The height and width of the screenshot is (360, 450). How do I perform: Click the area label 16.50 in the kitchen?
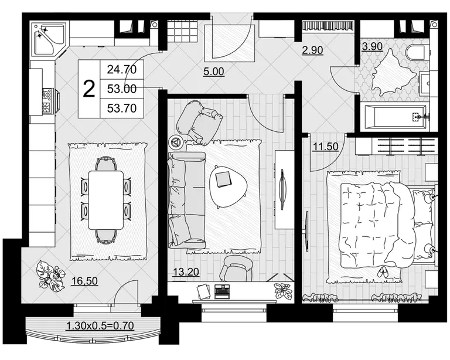84,281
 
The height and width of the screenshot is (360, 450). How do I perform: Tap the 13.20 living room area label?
186,271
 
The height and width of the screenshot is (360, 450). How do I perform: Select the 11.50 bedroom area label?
325,147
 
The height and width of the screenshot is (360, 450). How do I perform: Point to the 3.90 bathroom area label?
372,46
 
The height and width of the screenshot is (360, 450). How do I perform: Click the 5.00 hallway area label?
214,72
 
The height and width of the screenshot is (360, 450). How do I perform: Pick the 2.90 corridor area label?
312,50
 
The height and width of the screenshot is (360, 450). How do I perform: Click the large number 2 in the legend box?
89,89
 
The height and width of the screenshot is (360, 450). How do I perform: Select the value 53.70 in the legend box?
122,108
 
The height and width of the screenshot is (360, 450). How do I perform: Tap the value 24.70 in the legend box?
122,69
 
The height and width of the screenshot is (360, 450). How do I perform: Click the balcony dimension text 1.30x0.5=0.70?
100,326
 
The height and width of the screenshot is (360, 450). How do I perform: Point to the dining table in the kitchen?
106,200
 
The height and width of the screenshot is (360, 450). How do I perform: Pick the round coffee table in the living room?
228,186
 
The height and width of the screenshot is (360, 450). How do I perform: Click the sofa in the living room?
186,200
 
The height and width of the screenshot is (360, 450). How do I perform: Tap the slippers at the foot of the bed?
382,272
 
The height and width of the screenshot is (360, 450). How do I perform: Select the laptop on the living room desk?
221,290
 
